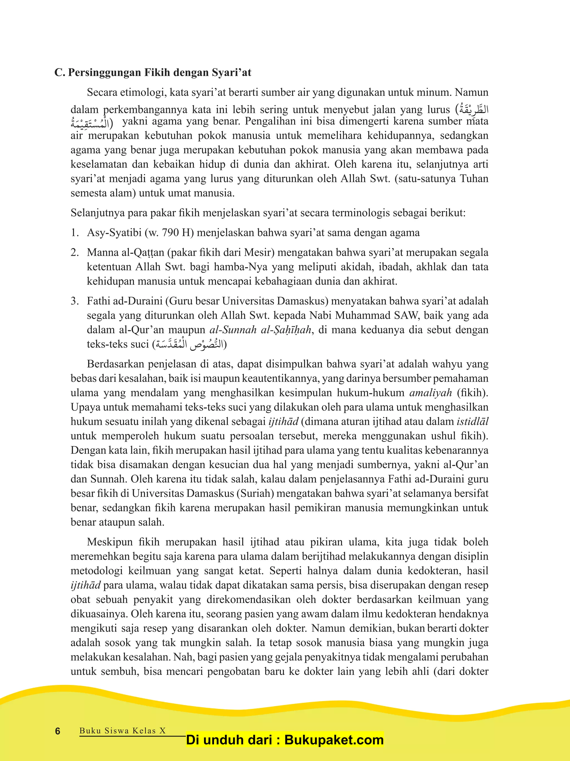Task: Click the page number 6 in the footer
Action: [58, 731]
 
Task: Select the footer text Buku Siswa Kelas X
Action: [122, 731]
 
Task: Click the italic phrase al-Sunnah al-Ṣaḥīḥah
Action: [261, 330]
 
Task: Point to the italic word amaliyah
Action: [430, 393]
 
